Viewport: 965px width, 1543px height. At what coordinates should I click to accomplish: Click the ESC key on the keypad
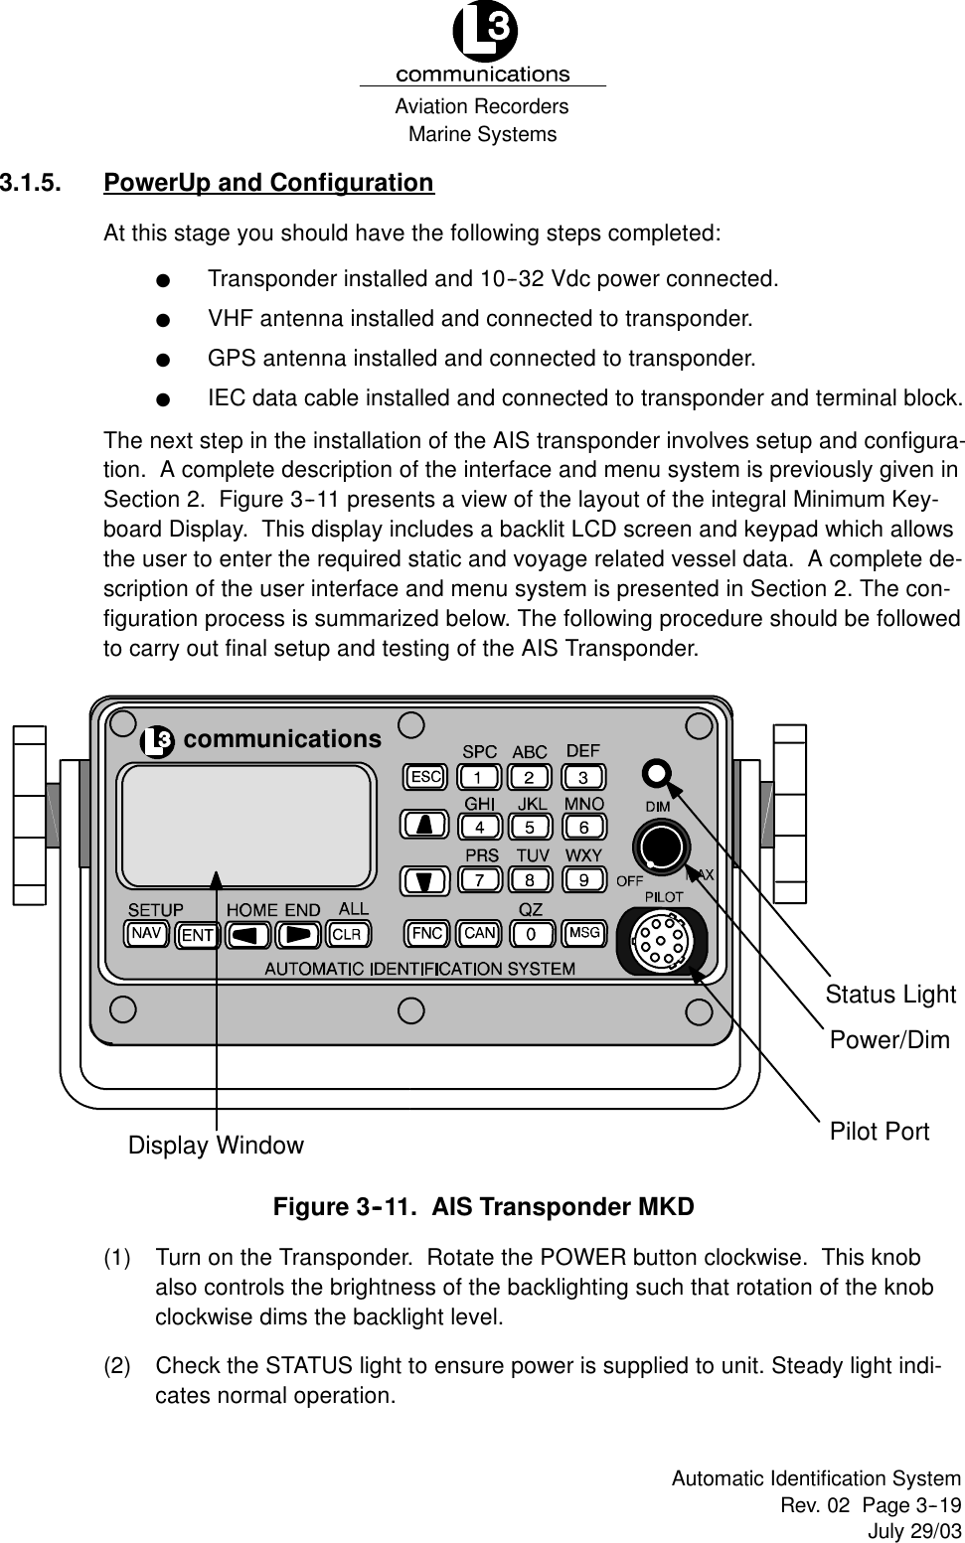426,776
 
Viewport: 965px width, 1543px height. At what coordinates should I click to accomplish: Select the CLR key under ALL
346,934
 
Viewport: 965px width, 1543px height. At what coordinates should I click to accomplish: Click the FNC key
427,933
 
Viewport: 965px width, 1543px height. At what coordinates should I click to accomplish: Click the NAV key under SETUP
147,933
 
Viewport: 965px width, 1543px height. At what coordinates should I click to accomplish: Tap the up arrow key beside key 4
424,825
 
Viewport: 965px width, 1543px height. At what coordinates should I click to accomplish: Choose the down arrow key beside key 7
424,879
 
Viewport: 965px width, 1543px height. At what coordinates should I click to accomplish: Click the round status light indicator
656,772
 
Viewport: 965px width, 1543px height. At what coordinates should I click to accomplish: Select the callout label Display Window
216,1146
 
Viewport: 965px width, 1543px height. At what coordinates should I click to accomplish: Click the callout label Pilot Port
880,1131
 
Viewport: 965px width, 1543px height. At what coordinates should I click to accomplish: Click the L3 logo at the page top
484,35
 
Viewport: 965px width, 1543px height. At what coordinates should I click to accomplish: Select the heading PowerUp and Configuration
268,184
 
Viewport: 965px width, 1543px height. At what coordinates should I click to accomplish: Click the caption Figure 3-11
483,1207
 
